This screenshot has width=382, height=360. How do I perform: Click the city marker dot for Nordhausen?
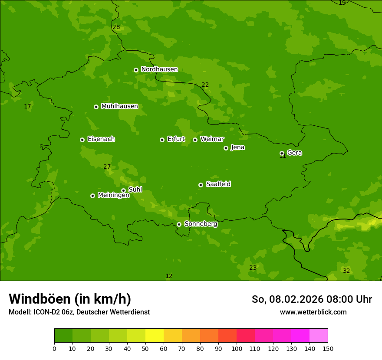pos(136,70)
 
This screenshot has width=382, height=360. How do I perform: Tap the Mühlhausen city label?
pos(119,106)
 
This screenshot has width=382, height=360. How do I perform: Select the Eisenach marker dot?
pos(82,140)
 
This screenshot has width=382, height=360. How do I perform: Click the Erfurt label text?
pos(176,139)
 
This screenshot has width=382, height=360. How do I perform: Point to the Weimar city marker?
pos(195,140)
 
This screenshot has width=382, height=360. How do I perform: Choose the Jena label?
pos(237,147)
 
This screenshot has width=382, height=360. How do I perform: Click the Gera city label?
pos(294,153)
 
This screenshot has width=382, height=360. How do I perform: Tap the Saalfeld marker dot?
pos(201,185)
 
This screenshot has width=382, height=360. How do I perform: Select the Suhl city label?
pos(135,190)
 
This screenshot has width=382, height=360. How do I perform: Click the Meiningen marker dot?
pos(92,196)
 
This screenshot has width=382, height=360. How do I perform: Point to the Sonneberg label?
pos(201,224)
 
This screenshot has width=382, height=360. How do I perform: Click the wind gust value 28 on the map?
pos(116,27)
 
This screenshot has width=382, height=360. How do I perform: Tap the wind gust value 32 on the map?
pos(346,271)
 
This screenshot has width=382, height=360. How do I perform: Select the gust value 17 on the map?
pos(27,107)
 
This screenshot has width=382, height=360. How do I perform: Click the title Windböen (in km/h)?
pos(70,299)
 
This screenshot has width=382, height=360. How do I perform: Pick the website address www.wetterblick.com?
pos(313,312)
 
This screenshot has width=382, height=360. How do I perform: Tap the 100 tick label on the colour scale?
pos(237,349)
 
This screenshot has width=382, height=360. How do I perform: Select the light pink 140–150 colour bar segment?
pos(319,336)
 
